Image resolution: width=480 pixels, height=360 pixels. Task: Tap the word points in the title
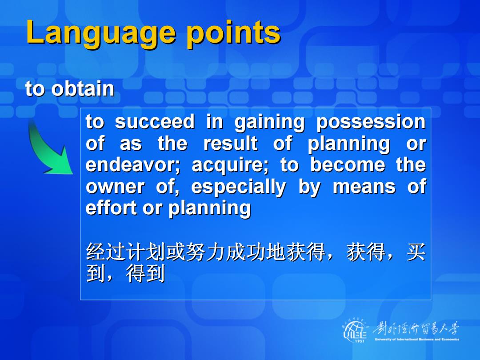click(234, 33)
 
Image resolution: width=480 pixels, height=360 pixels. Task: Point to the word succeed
click(155, 121)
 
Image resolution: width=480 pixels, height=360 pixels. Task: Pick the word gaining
click(269, 123)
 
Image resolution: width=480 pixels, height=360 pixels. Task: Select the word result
click(231, 143)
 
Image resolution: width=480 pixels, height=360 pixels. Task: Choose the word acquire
click(230, 166)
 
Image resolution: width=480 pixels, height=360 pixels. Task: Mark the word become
click(348, 165)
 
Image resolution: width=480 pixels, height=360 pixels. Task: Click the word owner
click(115, 187)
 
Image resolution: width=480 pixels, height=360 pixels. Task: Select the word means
click(364, 187)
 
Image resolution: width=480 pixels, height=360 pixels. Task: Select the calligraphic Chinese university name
click(416, 329)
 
